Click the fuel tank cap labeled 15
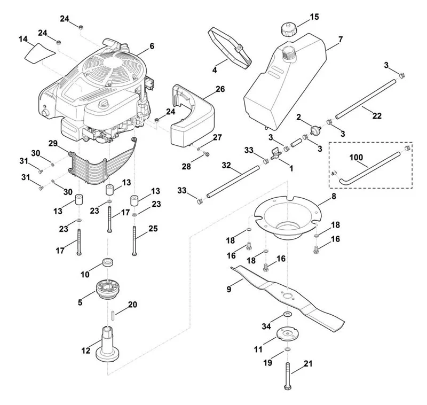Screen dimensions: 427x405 [288, 30]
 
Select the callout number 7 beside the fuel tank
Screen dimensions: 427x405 [341, 39]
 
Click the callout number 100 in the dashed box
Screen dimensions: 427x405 [356, 157]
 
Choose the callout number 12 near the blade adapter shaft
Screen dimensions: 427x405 [85, 350]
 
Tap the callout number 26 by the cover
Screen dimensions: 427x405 [220, 89]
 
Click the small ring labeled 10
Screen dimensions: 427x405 [108, 262]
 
